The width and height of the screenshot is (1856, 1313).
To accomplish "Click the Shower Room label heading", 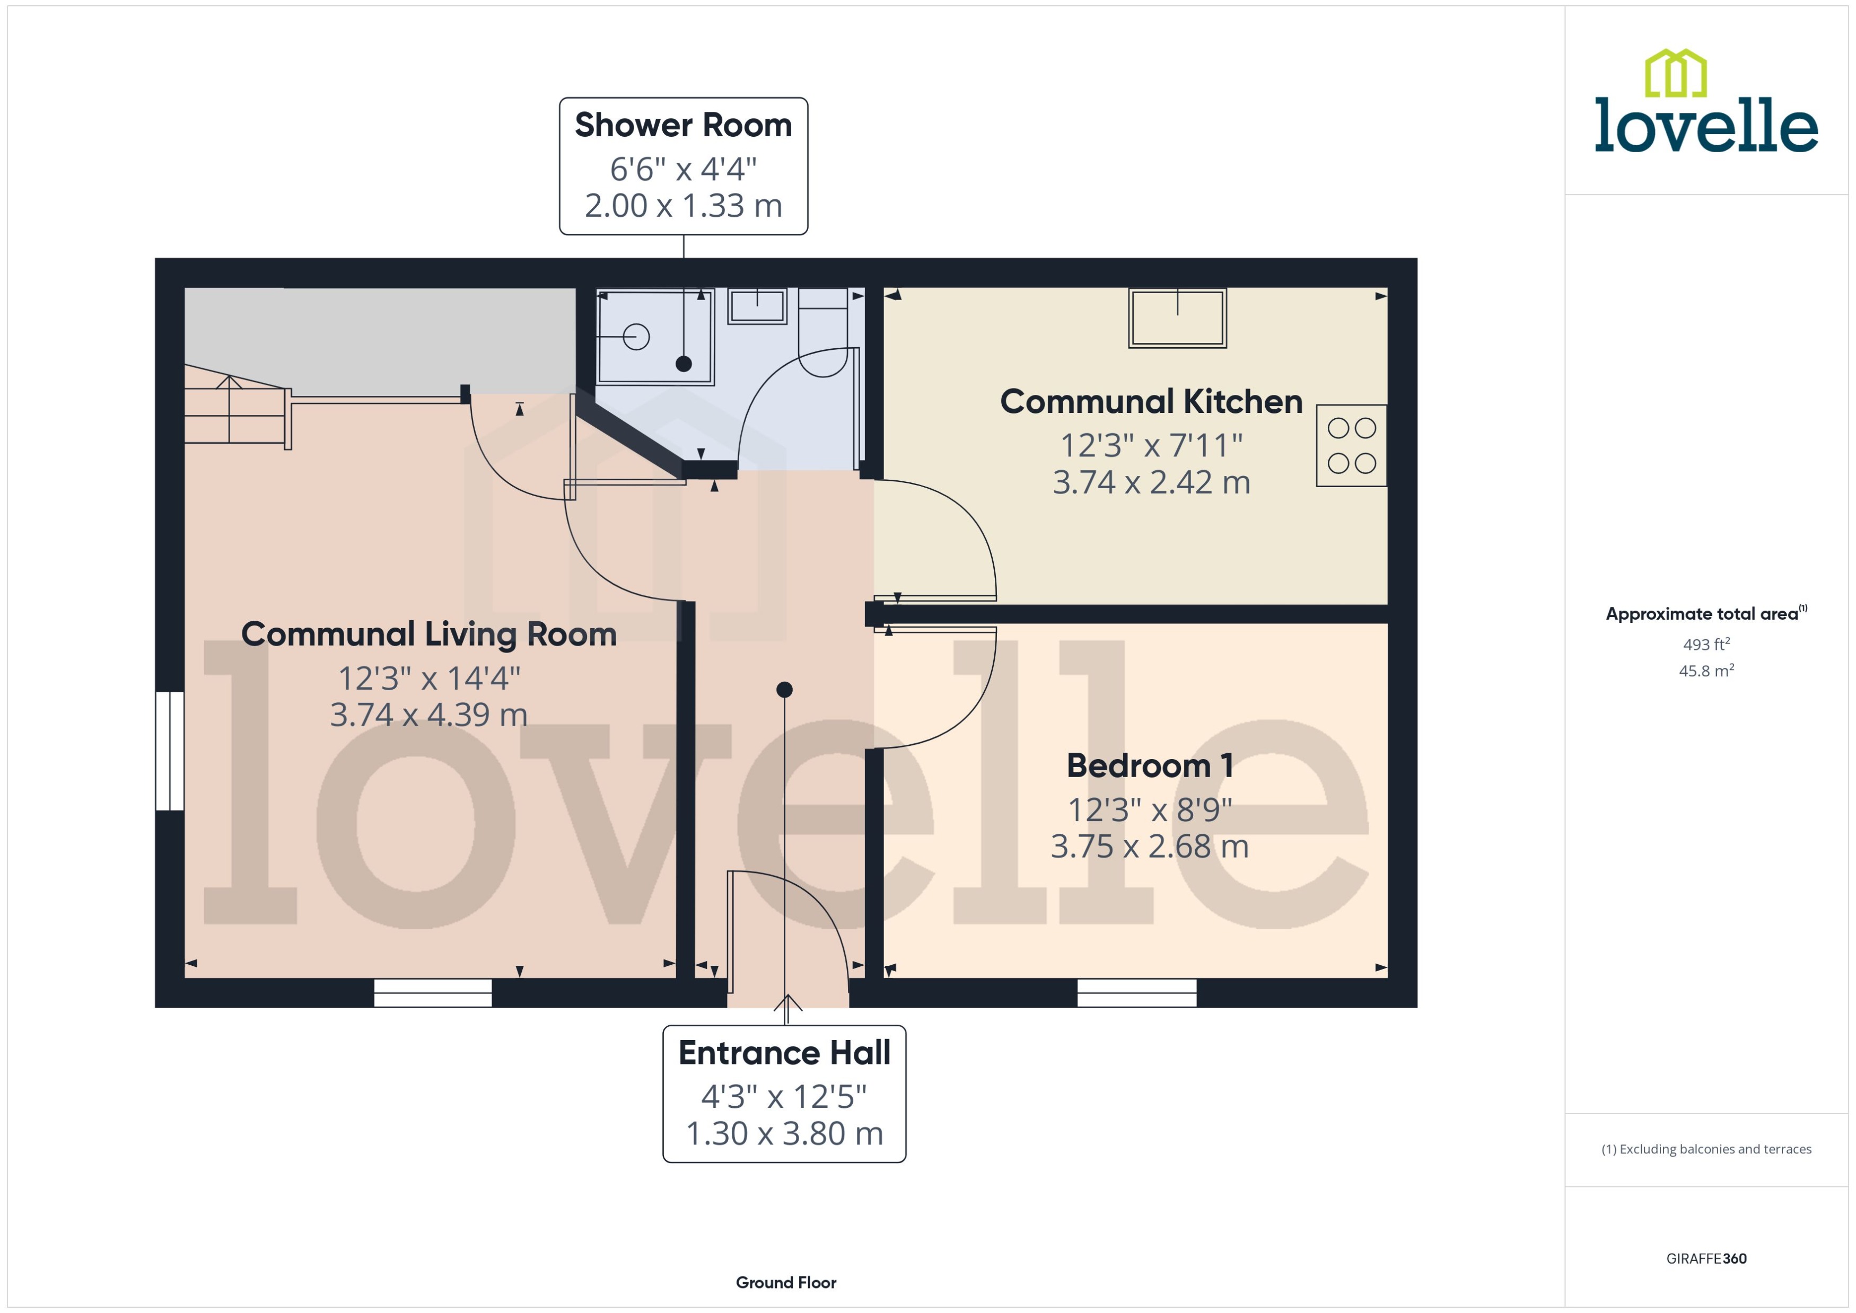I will pyautogui.click(x=684, y=125).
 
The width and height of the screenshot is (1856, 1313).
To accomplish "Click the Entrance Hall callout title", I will pyautogui.click(x=784, y=1053).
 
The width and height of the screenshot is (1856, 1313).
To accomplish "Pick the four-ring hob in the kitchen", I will pyautogui.click(x=1351, y=445).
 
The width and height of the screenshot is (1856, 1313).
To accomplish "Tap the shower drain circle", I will pyautogui.click(x=636, y=337).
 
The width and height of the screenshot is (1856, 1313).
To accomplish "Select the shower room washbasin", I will pyautogui.click(x=757, y=306).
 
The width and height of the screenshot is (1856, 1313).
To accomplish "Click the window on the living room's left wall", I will pyautogui.click(x=170, y=750).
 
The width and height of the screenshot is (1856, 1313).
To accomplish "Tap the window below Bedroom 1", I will pyautogui.click(x=1136, y=993).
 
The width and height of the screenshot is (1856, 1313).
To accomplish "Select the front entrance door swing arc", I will pyautogui.click(x=809, y=897).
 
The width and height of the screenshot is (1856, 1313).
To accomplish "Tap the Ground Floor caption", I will pyautogui.click(x=785, y=1282).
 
